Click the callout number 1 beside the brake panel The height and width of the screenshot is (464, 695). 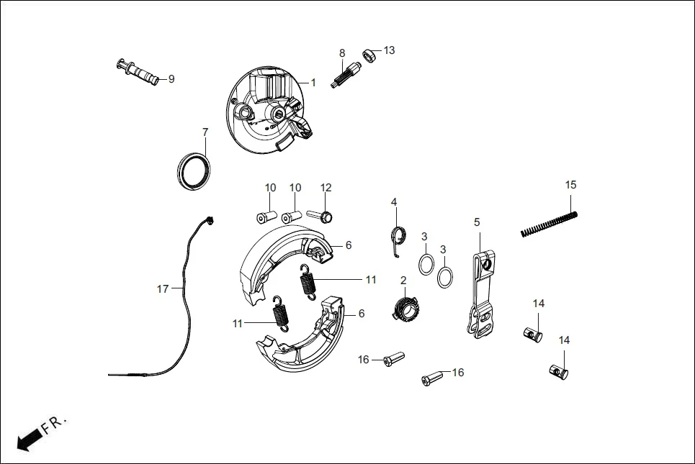click(x=313, y=83)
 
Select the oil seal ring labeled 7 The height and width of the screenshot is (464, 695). click(x=194, y=172)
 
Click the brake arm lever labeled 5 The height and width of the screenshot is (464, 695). click(x=480, y=295)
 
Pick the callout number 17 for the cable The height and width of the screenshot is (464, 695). click(x=163, y=289)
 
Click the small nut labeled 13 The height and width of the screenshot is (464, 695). click(x=370, y=55)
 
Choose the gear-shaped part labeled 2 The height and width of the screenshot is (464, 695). click(x=406, y=310)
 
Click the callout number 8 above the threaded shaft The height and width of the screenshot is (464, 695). click(x=342, y=53)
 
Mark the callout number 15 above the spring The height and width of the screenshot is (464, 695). click(x=570, y=185)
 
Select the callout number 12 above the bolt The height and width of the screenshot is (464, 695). click(x=326, y=188)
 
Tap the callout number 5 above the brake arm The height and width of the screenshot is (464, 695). click(x=477, y=222)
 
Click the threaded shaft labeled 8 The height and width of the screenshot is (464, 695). click(x=344, y=76)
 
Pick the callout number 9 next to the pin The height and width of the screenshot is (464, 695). click(x=171, y=79)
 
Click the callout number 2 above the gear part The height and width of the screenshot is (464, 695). click(x=403, y=280)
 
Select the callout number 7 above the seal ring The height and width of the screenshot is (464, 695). click(x=205, y=132)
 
